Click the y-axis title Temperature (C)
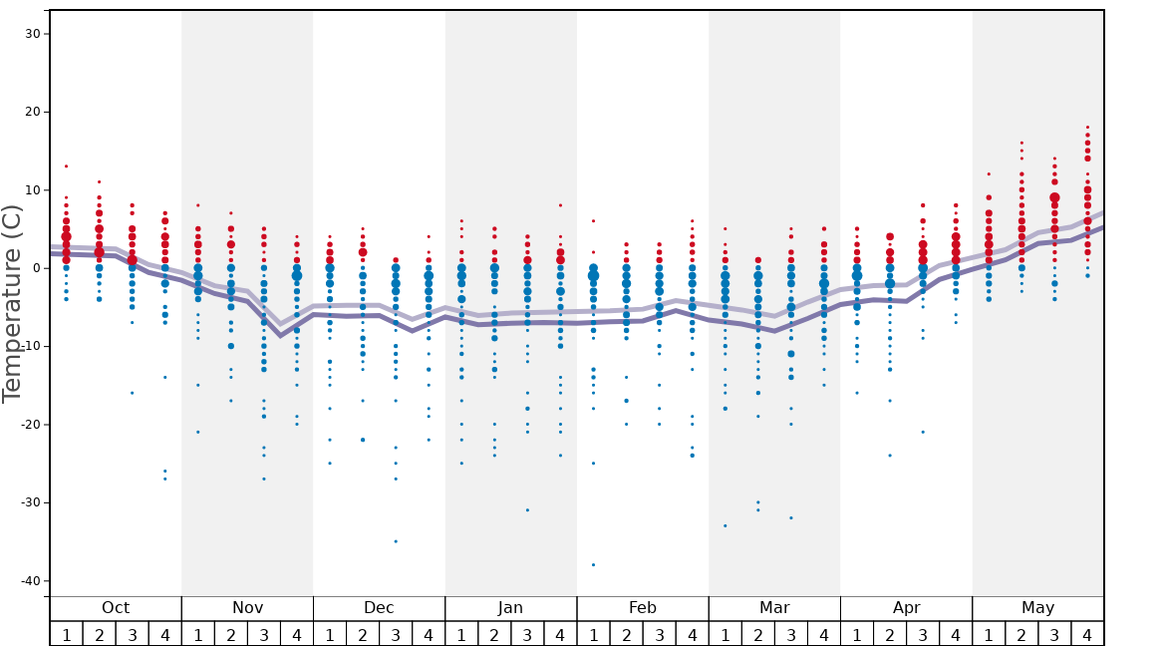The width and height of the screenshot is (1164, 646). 12,303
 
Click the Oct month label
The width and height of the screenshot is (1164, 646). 116,607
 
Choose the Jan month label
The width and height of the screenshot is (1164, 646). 510,607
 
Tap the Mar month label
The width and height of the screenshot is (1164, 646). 774,607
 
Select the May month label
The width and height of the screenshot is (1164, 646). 1037,607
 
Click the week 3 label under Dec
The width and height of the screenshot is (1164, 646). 396,634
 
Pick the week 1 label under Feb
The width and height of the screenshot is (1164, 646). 593,634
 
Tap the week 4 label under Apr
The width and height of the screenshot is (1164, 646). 956,634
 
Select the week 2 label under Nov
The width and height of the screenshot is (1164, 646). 231,634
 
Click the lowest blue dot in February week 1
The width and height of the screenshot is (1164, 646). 593,564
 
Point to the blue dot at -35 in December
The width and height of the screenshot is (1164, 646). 396,541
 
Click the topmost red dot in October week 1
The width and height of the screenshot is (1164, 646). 66,166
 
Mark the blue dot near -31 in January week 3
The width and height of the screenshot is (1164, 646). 527,509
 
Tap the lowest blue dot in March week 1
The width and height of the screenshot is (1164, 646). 725,525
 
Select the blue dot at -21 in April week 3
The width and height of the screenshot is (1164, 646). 923,432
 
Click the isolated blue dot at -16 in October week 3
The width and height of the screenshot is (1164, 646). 132,393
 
